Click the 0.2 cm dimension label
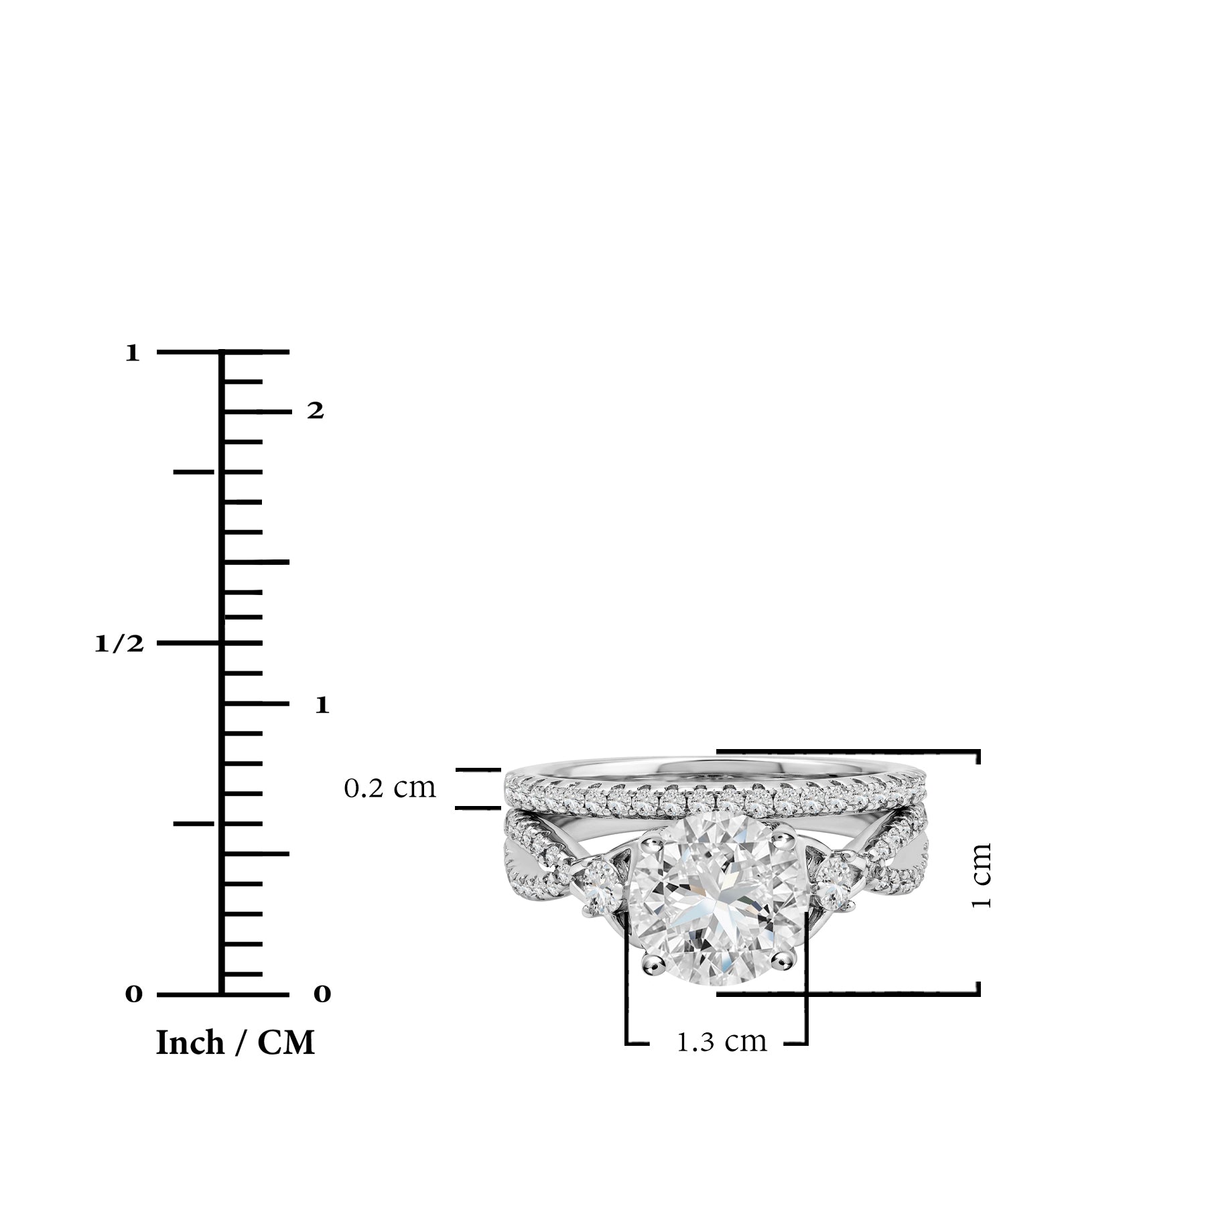coord(390,788)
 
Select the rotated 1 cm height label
coord(981,876)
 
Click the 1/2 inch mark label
coord(119,644)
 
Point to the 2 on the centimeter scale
coord(316,411)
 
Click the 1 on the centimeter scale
coord(322,705)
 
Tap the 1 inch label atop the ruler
coord(133,353)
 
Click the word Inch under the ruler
coord(190,1043)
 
